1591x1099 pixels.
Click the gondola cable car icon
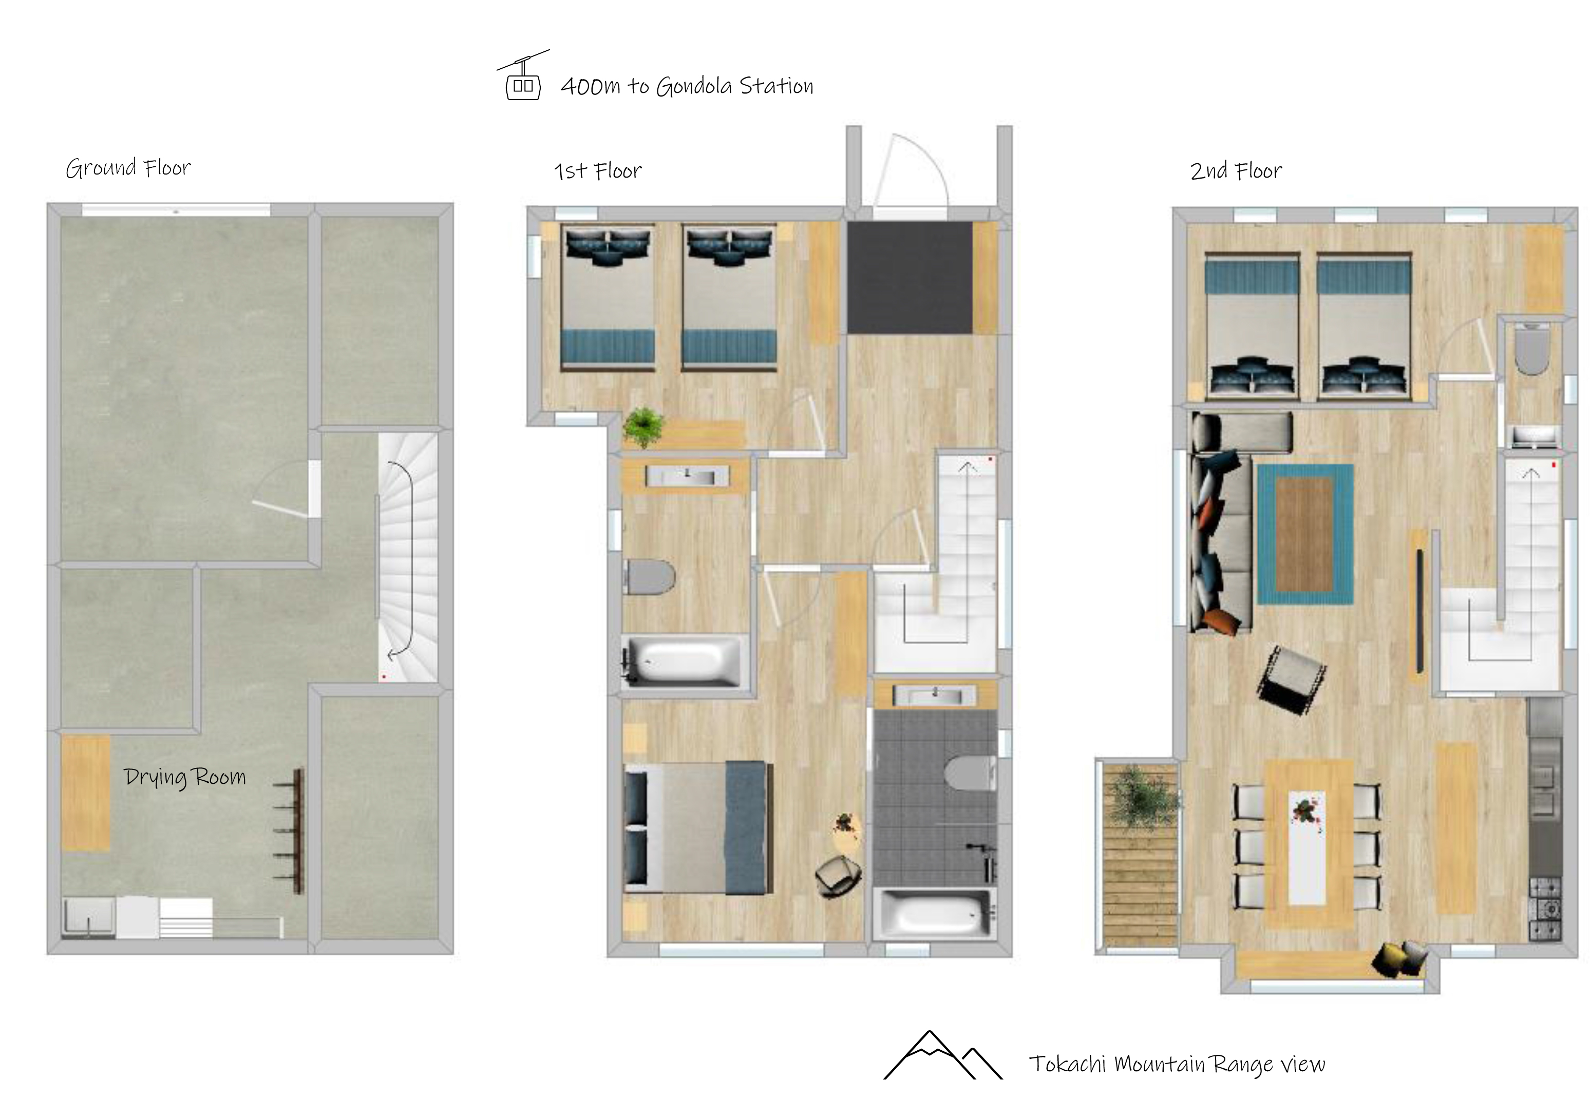[x=523, y=76]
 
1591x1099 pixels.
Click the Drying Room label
[x=184, y=777]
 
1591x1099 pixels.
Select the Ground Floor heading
[x=128, y=167]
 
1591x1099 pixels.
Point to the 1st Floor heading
[x=598, y=170]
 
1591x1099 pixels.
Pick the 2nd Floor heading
[x=1236, y=170]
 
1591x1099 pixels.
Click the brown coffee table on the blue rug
[x=1304, y=534]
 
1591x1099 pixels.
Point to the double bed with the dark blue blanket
[x=698, y=827]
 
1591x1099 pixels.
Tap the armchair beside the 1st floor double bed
[x=838, y=875]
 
